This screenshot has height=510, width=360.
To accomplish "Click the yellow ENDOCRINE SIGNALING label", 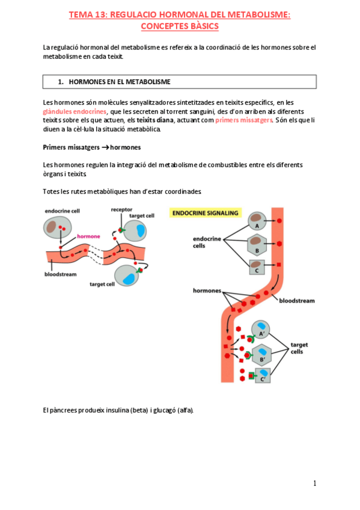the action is point(206,213).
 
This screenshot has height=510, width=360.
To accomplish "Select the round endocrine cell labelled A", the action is point(257,221).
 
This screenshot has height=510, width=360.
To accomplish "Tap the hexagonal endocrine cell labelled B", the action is point(257,245).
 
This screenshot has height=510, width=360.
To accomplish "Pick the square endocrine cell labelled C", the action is point(257,267).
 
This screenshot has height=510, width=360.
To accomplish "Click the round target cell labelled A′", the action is point(261,330).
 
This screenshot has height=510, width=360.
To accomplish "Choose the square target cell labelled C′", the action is point(263,375).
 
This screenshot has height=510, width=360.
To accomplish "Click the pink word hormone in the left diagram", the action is point(88,236).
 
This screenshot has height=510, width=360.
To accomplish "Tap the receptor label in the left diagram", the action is point(121,210).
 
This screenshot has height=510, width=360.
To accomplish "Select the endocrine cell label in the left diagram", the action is point(63,210).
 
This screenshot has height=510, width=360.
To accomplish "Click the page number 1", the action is point(314,484).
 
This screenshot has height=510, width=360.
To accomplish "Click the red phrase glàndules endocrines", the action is point(75,112).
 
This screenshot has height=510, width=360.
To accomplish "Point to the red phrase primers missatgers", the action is point(243,120).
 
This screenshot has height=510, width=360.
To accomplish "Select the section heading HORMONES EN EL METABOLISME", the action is point(120,82).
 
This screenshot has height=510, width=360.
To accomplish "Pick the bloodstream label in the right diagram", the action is point(297,301).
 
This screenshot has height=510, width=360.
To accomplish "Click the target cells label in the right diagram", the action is point(299,348).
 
